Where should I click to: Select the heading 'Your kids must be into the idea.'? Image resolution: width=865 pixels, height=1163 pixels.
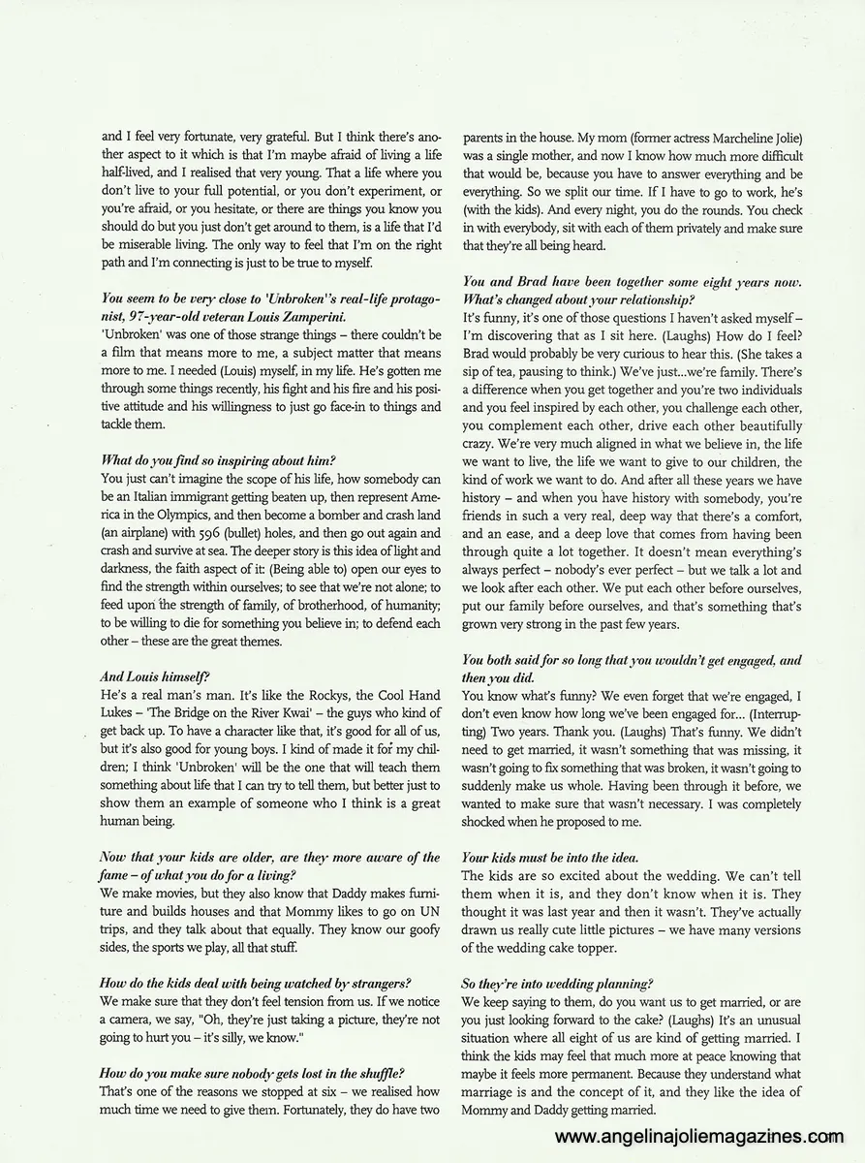[x=550, y=859]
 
